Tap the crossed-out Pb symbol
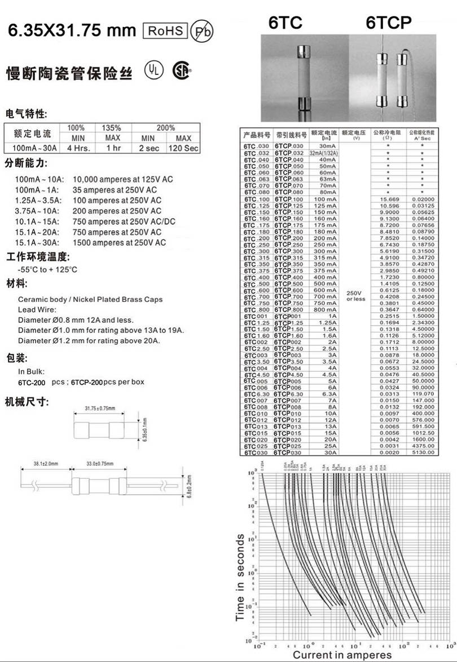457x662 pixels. click(x=201, y=32)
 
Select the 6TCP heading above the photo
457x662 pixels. click(x=388, y=23)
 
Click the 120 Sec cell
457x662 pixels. click(x=183, y=148)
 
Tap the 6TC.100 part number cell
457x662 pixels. click(x=257, y=199)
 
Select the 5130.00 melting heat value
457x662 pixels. click(x=423, y=452)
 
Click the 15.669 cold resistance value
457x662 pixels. click(x=390, y=199)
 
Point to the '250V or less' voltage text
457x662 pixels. click(x=356, y=296)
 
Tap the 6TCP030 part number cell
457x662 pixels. click(x=289, y=452)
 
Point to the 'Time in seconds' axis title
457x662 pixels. click(x=241, y=577)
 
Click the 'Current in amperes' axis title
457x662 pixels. click(x=342, y=655)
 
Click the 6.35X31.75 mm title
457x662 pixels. click(x=71, y=30)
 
